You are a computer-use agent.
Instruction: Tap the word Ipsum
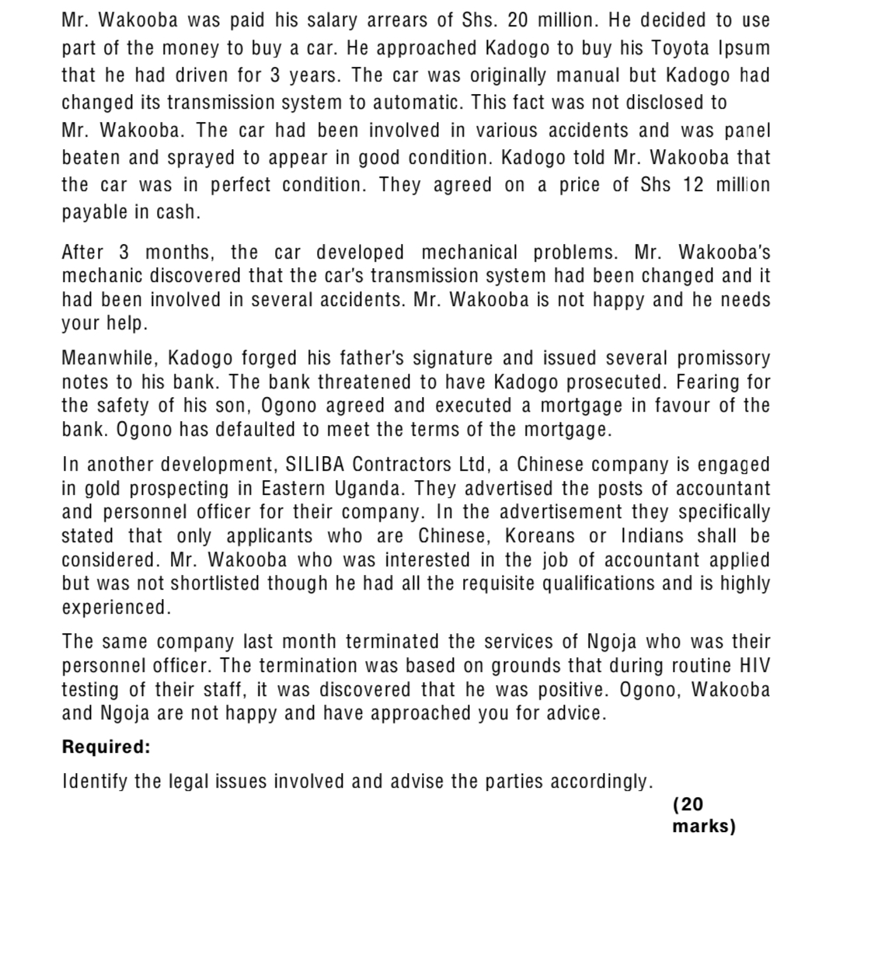click(x=744, y=48)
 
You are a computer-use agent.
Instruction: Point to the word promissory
click(x=723, y=358)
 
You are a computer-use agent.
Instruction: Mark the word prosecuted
click(x=614, y=382)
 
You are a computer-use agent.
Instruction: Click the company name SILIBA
click(x=315, y=465)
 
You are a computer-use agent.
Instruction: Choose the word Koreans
click(x=540, y=536)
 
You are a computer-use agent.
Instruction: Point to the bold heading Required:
click(x=106, y=747)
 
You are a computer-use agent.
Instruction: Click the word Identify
click(x=95, y=782)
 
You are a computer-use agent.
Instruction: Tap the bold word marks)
click(x=704, y=826)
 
